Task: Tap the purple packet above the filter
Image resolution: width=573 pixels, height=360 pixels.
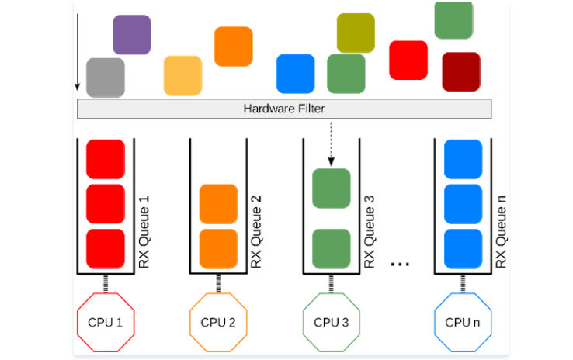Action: [131, 34]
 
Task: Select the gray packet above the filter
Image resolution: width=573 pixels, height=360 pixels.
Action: [105, 77]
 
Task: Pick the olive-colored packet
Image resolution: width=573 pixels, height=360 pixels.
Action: [356, 33]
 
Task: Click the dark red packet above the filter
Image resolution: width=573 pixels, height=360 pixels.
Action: [460, 71]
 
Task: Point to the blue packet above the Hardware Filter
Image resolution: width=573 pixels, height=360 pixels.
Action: [296, 74]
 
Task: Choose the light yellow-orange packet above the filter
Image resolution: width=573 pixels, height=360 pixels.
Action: [182, 75]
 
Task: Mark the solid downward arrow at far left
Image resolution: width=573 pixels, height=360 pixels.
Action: [78, 47]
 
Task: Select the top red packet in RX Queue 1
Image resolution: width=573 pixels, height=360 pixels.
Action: [105, 158]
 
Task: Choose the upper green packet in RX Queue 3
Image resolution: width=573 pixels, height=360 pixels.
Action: [331, 189]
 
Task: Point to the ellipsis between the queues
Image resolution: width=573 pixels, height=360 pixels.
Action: [400, 264]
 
